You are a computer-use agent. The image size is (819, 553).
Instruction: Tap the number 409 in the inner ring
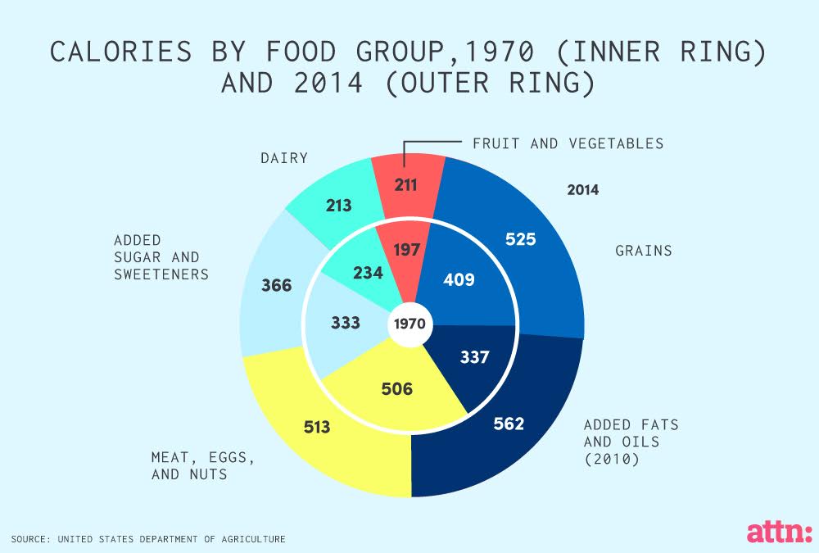click(459, 279)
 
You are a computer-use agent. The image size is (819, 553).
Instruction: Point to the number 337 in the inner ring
click(474, 357)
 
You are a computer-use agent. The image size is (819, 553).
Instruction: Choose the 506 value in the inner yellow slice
click(397, 388)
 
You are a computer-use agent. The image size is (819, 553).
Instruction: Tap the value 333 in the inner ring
click(346, 323)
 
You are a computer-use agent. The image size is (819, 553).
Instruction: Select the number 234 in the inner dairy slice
click(367, 272)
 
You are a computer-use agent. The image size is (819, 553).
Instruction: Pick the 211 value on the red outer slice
click(406, 184)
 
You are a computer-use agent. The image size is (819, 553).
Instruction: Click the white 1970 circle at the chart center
click(409, 324)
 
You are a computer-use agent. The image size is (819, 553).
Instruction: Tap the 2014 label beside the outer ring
click(582, 190)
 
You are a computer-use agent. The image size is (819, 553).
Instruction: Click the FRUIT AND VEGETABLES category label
click(568, 143)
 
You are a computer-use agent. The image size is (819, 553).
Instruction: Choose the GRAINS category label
click(643, 251)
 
